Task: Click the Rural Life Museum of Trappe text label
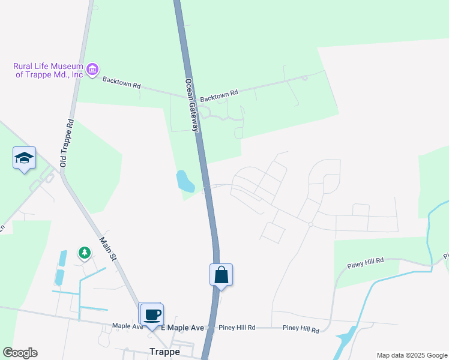[x=48, y=70]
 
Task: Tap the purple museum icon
[x=92, y=70]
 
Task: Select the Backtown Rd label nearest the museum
[x=121, y=83]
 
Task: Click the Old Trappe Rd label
[x=66, y=143]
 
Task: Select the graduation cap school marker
[x=24, y=158]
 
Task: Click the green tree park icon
[x=85, y=254]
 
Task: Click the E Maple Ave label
[x=187, y=328]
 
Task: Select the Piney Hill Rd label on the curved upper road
[x=365, y=265]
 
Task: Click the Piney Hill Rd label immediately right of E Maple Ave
[x=237, y=328]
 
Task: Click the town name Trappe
[x=164, y=352]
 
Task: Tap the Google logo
[x=20, y=353]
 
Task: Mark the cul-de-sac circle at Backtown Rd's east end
[x=305, y=77]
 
